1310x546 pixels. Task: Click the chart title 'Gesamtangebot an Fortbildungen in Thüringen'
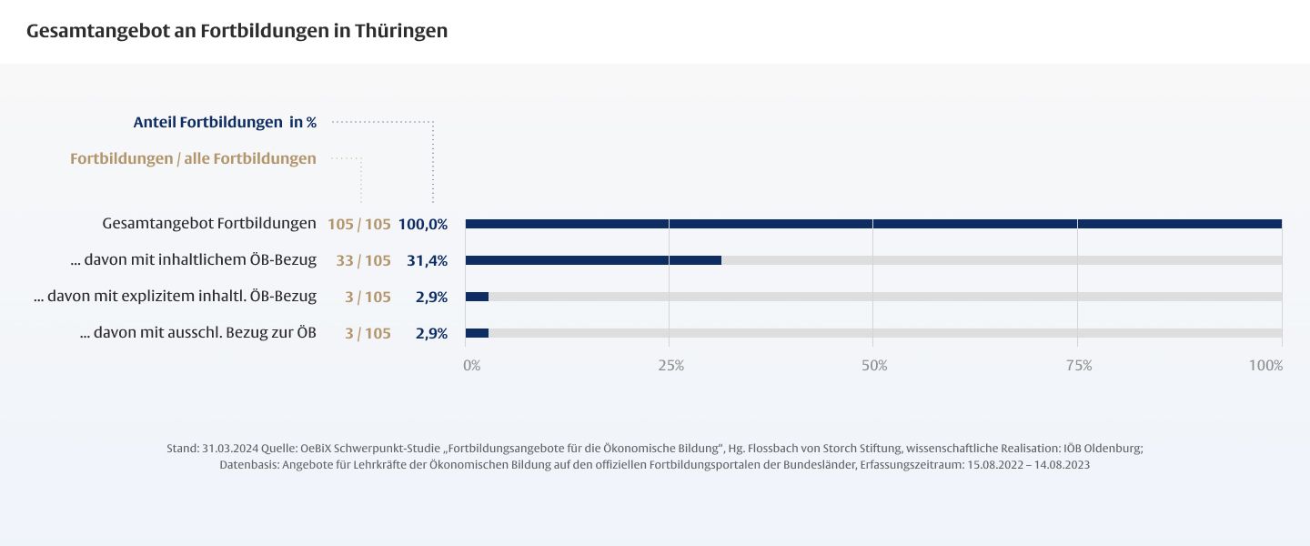(x=237, y=31)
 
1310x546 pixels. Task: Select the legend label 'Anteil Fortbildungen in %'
(x=225, y=122)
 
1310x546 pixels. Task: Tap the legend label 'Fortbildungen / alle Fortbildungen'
(x=193, y=159)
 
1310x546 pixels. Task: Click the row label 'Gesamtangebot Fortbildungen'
(x=209, y=224)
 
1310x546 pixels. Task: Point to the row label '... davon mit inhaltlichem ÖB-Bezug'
(x=193, y=260)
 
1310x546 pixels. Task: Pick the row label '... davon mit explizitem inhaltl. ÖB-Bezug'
(x=175, y=297)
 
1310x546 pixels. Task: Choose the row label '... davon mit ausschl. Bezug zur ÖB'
(x=198, y=333)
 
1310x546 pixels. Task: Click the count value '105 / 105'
(x=359, y=225)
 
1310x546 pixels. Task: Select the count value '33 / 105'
(x=363, y=261)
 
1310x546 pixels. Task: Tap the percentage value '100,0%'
(x=423, y=225)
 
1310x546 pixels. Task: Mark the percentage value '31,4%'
(x=427, y=261)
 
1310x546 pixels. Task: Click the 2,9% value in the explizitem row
(x=431, y=298)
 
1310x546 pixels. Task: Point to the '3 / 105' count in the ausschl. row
(x=368, y=334)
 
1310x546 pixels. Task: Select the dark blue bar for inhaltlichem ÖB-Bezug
(x=593, y=260)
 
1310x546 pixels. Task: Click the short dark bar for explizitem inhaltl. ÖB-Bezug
(x=477, y=297)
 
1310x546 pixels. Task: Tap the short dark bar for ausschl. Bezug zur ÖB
(x=477, y=333)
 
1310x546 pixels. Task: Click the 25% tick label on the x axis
(x=670, y=366)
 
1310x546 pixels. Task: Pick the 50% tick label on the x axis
(x=874, y=366)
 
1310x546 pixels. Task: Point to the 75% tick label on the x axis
(x=1079, y=366)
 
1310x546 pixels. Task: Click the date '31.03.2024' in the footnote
(x=229, y=449)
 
